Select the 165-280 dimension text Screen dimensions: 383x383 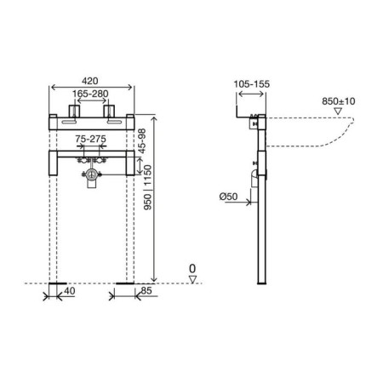pyautogui.click(x=90, y=94)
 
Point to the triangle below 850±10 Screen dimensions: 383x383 pyautogui.click(x=338, y=111)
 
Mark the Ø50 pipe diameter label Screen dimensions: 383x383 pyautogui.click(x=228, y=197)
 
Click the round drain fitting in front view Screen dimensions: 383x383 pyautogui.click(x=90, y=177)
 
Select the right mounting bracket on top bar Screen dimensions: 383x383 pyautogui.click(x=109, y=112)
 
